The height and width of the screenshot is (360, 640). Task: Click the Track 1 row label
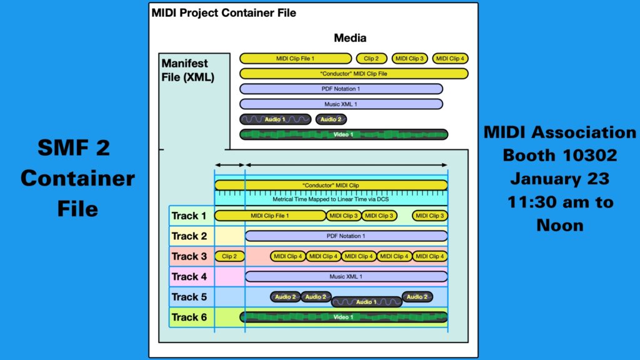click(189, 216)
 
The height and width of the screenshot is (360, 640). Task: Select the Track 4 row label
click(189, 276)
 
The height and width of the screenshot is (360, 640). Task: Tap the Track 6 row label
click(189, 317)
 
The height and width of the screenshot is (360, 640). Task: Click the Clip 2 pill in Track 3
click(229, 256)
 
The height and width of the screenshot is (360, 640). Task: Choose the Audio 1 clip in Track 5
click(366, 302)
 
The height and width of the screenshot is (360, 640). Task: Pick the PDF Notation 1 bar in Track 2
click(346, 236)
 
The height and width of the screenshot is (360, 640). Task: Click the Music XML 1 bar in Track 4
click(346, 276)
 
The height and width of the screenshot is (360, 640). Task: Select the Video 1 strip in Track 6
click(344, 317)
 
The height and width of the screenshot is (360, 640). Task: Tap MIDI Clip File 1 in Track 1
click(270, 216)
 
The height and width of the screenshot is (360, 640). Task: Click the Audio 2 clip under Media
click(331, 119)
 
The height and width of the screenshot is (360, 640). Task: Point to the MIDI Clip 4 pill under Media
click(450, 59)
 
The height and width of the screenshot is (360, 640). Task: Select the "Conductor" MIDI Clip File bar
click(354, 74)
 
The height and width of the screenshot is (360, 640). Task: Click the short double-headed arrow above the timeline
click(229, 165)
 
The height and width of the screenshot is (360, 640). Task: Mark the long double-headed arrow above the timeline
click(346, 165)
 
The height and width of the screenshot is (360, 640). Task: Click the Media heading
click(350, 38)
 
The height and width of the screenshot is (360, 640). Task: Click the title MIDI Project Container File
click(224, 12)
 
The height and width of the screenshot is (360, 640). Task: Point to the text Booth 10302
click(559, 155)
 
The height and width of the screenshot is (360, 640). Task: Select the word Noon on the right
click(559, 225)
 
